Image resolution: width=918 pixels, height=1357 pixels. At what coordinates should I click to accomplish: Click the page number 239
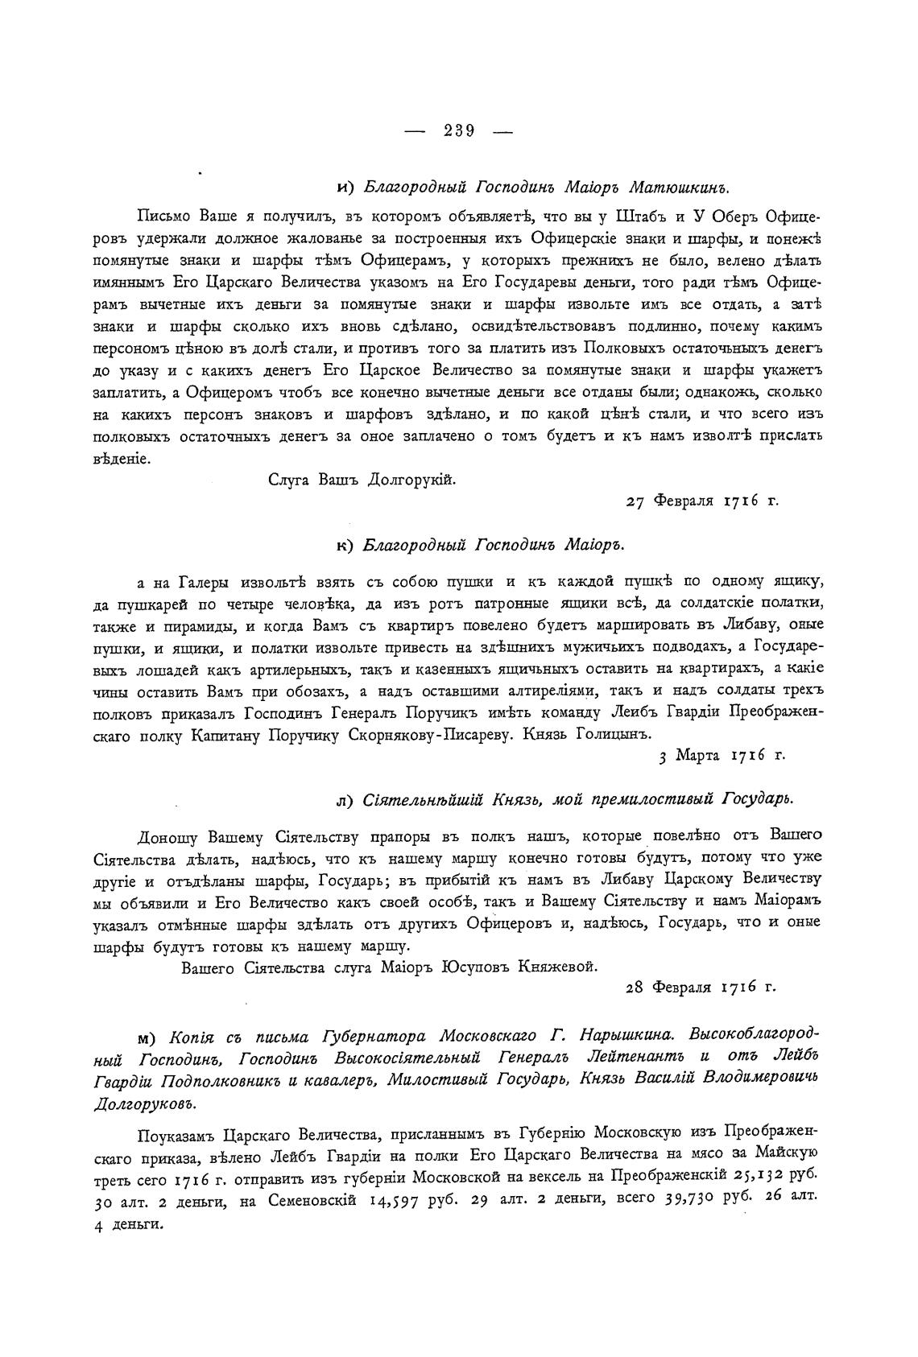pyautogui.click(x=458, y=130)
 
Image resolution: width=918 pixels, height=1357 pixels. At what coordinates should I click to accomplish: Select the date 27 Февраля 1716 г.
pyautogui.click(x=701, y=501)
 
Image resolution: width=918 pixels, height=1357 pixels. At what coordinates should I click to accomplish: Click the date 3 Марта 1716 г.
pyautogui.click(x=722, y=756)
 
